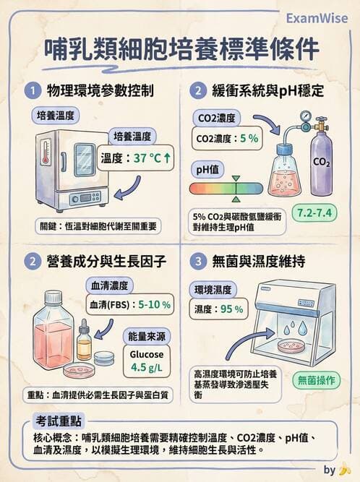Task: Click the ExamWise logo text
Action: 317,17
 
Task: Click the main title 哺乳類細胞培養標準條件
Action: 180,49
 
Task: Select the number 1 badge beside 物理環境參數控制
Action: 32,91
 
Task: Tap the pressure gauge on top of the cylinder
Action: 307,118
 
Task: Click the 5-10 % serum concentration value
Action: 155,304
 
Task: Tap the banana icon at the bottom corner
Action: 346,470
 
